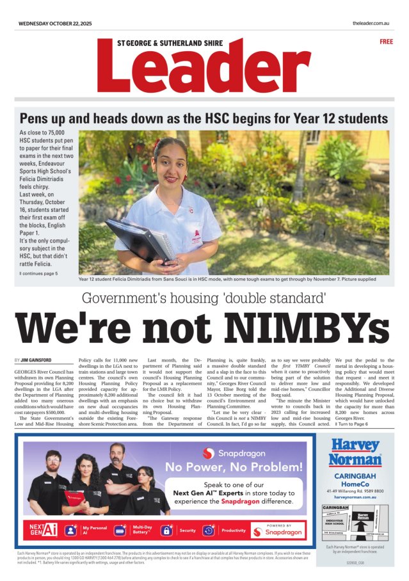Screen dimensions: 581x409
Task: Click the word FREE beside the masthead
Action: pos(386,42)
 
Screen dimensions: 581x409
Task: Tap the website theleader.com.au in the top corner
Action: pos(371,24)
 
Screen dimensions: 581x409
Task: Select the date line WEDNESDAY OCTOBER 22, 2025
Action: pos(55,24)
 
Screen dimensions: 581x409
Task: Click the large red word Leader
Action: pos(204,68)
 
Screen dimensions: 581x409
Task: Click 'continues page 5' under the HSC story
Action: pos(39,273)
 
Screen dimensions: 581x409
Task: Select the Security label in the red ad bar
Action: pos(188,530)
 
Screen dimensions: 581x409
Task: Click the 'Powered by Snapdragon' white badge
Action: pos(277,530)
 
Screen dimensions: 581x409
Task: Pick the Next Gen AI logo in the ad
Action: pos(44,530)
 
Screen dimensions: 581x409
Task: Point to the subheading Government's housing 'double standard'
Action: pos(204,298)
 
